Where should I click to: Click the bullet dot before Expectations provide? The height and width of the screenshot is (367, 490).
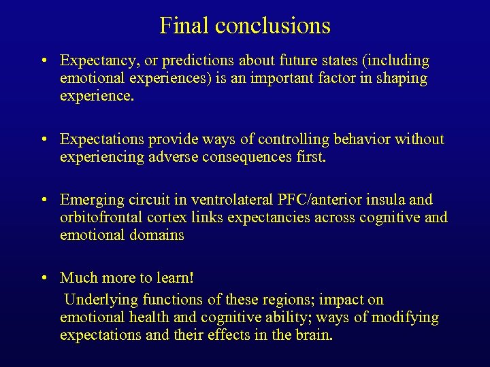[x=43, y=140]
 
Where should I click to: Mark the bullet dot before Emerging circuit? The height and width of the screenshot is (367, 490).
[x=43, y=200]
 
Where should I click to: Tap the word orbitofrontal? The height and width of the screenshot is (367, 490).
[x=102, y=218]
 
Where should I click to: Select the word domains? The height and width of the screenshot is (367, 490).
[x=158, y=236]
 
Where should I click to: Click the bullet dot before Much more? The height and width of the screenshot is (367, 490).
[x=43, y=279]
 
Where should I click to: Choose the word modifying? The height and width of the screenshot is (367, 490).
[x=406, y=317]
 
